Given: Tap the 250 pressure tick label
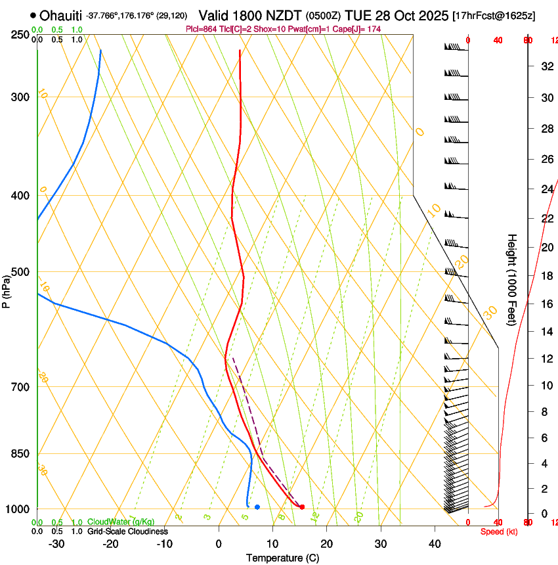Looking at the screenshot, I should [20, 35].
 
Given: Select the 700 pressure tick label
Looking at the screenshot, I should [20, 387].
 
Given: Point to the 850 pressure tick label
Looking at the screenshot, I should [20, 454].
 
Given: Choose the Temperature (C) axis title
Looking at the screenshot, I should [282, 558].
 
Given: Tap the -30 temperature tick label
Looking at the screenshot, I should [56, 544].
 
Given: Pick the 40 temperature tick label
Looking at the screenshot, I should [434, 544].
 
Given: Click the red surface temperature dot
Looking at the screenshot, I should [302, 507].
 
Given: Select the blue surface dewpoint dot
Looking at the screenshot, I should [257, 507].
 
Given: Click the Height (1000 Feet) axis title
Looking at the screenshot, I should [513, 279].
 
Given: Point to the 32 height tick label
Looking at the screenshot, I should [546, 66].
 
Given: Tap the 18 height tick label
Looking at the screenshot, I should [546, 276].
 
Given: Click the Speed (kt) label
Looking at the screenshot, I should [499, 531].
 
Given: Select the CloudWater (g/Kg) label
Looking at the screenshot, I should [121, 522].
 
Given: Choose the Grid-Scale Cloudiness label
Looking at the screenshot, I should [127, 531].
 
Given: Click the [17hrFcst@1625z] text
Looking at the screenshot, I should [494, 15].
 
